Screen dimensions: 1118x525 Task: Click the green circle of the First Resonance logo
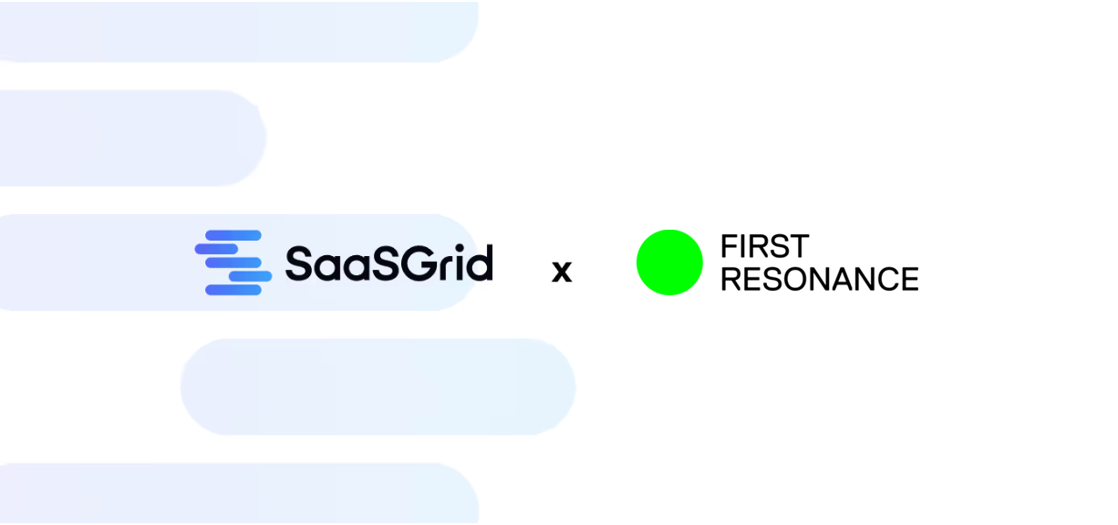point(669,262)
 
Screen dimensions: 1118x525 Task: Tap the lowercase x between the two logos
point(562,271)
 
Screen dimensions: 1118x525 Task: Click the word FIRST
point(764,246)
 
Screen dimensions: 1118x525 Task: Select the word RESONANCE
point(819,279)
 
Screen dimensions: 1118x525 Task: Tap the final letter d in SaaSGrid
point(481,262)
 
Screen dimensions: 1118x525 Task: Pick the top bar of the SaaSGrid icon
point(234,235)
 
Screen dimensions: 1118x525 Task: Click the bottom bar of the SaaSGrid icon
point(233,290)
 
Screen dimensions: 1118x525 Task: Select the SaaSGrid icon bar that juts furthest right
point(250,276)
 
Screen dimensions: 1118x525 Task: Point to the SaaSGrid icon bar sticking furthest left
point(216,248)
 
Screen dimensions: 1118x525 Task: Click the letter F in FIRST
point(729,246)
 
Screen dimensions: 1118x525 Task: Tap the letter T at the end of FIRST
point(799,246)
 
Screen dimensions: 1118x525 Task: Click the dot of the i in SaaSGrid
point(460,248)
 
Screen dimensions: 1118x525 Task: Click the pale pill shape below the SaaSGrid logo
point(378,386)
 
